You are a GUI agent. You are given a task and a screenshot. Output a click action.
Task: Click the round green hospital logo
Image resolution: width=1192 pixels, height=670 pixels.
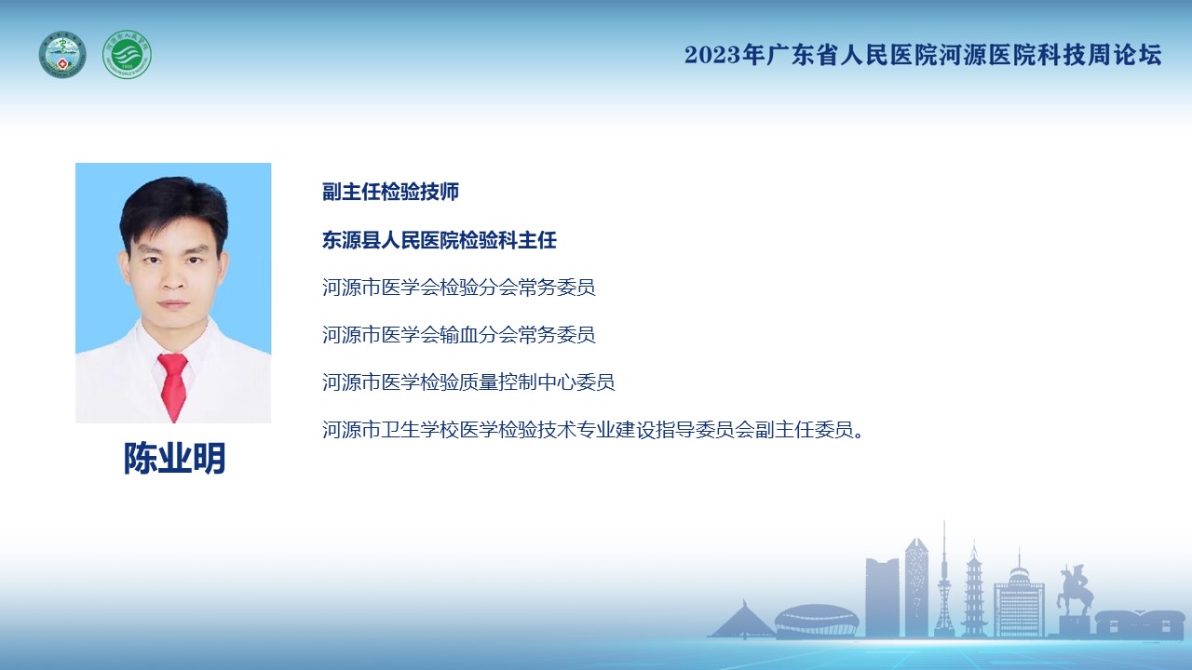127,55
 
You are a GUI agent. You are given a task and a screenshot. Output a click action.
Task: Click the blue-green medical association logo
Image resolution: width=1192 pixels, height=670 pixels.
62,55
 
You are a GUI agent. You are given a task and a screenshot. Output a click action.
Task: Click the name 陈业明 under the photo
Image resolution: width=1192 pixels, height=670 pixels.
174,458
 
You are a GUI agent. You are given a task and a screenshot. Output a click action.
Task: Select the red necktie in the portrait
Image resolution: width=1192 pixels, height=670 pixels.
173,386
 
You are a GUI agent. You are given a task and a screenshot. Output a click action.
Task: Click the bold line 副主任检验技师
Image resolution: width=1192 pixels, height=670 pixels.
390,192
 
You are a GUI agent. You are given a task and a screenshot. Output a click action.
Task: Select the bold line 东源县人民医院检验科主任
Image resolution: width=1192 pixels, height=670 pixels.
440,240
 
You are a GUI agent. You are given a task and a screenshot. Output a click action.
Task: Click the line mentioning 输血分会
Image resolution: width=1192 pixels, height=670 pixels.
459,335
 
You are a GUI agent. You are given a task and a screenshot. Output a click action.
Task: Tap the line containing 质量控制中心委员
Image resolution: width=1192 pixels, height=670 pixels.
468,382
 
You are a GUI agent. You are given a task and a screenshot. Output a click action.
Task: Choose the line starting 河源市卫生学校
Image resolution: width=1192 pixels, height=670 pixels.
593,430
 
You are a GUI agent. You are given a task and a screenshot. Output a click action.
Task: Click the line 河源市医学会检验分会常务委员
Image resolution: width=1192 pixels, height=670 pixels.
459,288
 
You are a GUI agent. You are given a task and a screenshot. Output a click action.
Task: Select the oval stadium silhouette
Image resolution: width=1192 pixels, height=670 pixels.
817,621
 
